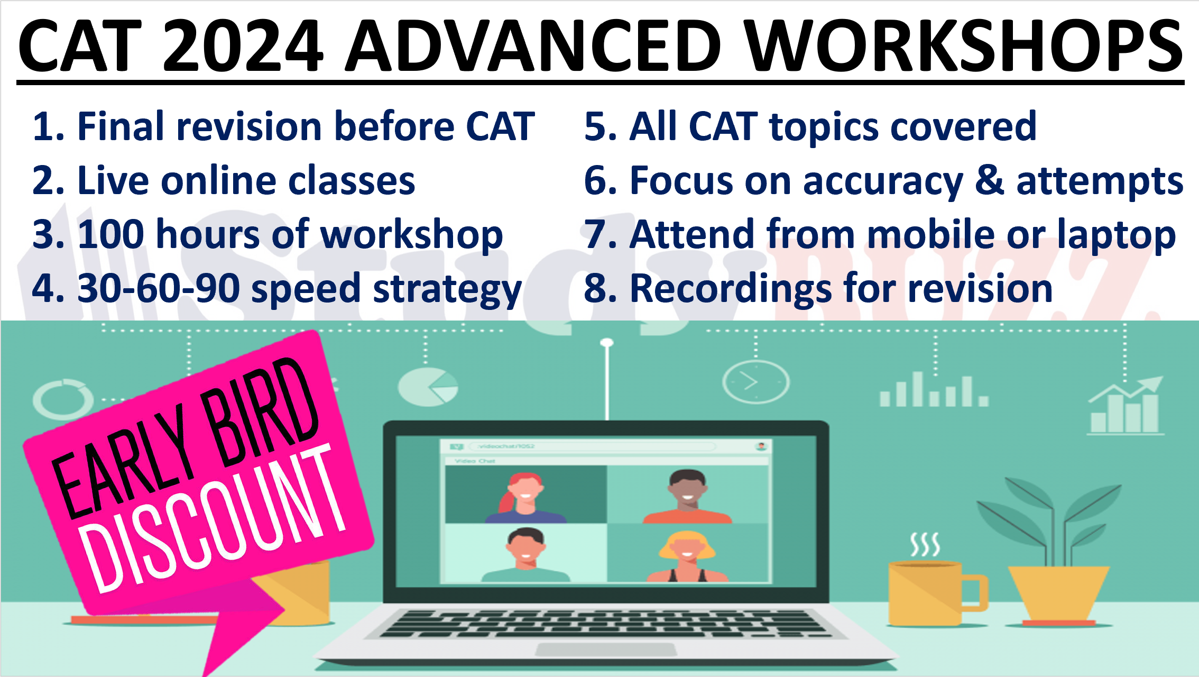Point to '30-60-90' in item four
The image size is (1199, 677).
click(x=159, y=289)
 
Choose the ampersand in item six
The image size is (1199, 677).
click(x=989, y=180)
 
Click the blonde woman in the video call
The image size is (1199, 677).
click(x=687, y=555)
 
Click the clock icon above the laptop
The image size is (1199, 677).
click(x=755, y=382)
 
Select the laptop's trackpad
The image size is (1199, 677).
click(x=606, y=649)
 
